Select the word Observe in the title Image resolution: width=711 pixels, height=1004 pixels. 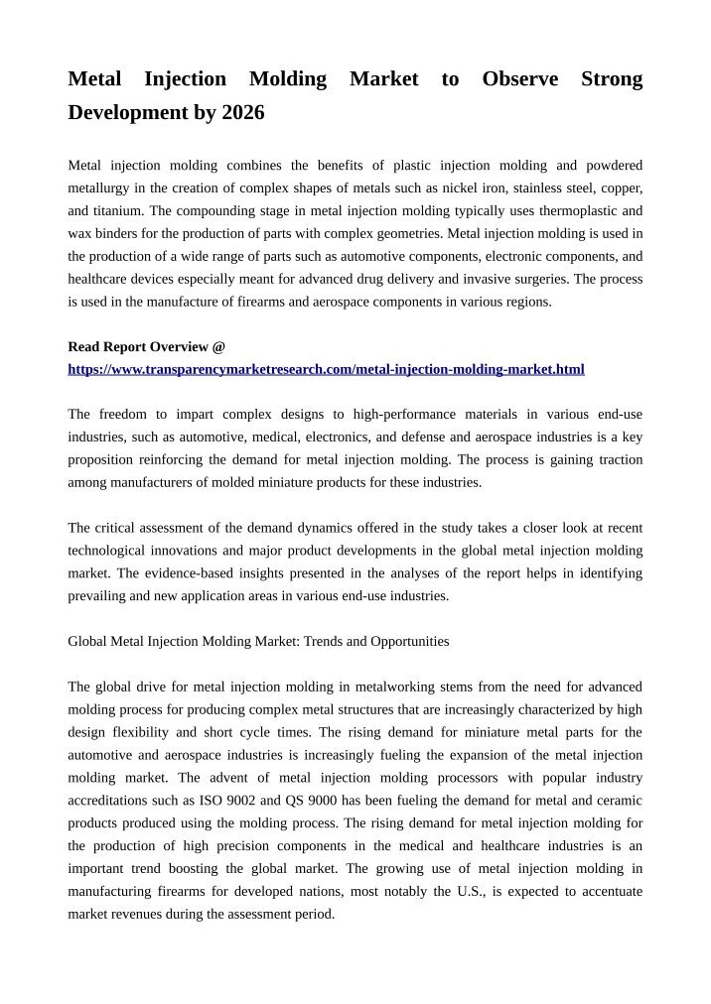pos(519,79)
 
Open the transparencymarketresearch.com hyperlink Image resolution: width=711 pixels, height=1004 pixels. pos(326,369)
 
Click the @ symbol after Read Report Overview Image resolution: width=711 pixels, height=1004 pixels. pos(218,347)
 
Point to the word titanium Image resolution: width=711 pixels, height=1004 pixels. pos(119,210)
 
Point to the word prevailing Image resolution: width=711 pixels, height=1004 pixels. pos(97,596)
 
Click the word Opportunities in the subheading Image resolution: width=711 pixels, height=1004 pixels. pos(409,642)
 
